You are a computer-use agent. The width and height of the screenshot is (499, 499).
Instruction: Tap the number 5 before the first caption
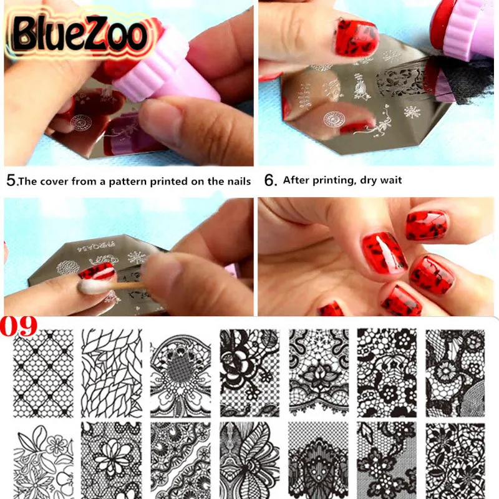click(x=11, y=181)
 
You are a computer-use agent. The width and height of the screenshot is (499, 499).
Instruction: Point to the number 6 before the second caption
click(x=269, y=181)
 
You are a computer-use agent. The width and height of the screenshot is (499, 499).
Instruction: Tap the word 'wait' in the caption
click(x=390, y=181)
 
